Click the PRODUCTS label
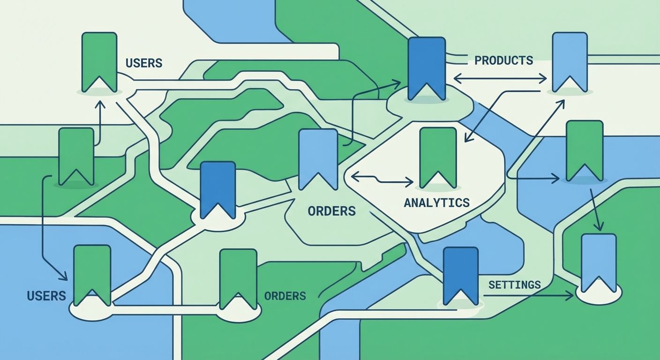(503, 60)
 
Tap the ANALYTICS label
(436, 202)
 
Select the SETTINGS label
(514, 285)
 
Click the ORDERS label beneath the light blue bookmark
(331, 211)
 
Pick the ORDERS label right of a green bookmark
(285, 296)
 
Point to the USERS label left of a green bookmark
(46, 296)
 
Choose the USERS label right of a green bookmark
(144, 63)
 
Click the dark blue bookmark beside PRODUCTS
(426, 68)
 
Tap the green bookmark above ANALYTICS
(438, 157)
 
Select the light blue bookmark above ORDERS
(318, 159)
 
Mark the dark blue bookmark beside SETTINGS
(460, 275)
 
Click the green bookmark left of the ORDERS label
(238, 278)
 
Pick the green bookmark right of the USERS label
(92, 275)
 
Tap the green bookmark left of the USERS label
(99, 62)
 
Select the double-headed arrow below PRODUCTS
(501, 78)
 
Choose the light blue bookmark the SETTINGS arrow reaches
(599, 262)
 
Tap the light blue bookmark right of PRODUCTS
(570, 62)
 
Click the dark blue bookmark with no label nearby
(217, 190)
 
